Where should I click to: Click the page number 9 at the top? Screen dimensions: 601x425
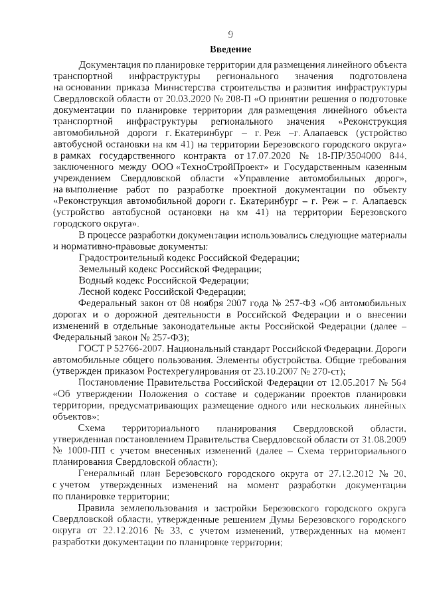230,35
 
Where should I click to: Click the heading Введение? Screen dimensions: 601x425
230,50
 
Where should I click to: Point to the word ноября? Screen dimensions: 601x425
197,303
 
